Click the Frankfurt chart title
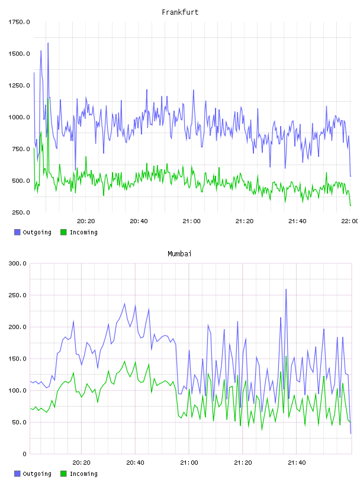(x=180, y=12)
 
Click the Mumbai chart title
(x=179, y=254)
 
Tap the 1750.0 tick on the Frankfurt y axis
(x=19, y=22)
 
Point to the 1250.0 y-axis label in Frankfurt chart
(x=19, y=85)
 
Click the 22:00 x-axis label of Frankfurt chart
(x=350, y=221)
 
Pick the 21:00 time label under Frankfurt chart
(x=191, y=221)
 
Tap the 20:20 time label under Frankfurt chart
(x=86, y=221)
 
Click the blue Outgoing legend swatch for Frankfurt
(x=17, y=232)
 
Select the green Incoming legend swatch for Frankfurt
(x=63, y=232)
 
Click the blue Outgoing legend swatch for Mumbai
(x=17, y=474)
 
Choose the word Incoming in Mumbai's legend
(x=83, y=474)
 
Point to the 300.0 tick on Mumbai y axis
(x=18, y=263)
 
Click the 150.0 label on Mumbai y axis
(x=18, y=359)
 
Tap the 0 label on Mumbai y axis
(x=25, y=454)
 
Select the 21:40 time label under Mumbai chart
(x=297, y=463)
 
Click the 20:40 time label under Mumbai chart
(x=136, y=463)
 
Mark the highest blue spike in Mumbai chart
(x=286, y=289)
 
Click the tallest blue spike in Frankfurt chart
(x=48, y=43)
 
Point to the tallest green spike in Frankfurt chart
(x=48, y=99)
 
